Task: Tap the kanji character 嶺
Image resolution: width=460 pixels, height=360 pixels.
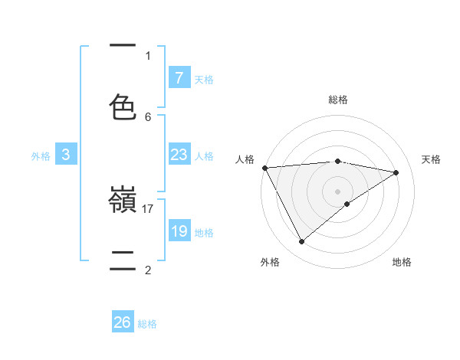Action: [123, 201]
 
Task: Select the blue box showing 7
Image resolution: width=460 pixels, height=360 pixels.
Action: [179, 78]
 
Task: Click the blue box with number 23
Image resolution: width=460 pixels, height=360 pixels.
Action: [179, 155]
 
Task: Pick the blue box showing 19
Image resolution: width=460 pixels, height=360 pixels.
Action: [179, 231]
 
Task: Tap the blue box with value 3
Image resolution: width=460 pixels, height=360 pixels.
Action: [66, 155]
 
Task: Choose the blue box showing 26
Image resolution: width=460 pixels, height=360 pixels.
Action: [123, 323]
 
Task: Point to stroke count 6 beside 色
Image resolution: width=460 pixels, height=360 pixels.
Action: [148, 116]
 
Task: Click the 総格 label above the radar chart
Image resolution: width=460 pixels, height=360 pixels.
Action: [337, 100]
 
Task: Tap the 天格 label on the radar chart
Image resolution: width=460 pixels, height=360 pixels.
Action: [432, 159]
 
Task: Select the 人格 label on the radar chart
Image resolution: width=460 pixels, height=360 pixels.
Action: [245, 159]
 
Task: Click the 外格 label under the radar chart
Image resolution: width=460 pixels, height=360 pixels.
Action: [270, 262]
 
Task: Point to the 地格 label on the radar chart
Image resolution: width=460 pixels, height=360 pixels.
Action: [402, 262]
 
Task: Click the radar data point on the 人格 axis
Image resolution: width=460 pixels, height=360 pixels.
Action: [264, 168]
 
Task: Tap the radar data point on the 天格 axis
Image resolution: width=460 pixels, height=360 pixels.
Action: [396, 172]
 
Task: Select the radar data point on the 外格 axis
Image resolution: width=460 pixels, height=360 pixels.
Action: [301, 242]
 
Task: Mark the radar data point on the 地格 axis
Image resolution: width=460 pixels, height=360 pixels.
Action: [347, 204]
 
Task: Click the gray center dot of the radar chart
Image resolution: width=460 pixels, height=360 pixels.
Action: [337, 191]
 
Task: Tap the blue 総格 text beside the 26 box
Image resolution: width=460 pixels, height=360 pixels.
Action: [147, 324]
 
